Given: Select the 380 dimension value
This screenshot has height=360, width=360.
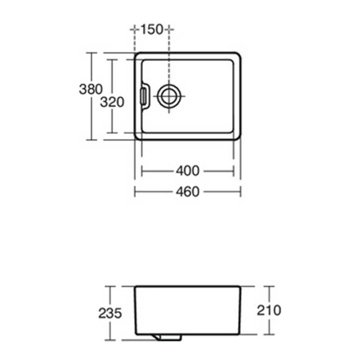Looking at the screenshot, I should (91, 89).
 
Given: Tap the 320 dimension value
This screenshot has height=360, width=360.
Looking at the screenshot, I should (112, 103).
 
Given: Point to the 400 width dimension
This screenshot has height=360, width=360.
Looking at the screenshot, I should (188, 171).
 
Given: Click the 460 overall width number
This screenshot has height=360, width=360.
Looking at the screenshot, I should (188, 192).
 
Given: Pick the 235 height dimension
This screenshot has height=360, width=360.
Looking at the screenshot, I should (110, 313).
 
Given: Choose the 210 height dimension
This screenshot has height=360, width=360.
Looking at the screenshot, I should (269, 310).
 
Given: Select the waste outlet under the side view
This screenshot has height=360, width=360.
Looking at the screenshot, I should (169, 337).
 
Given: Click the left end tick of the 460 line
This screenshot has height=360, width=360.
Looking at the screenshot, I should (135, 192).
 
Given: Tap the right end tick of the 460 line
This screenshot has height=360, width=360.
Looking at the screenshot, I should (240, 192).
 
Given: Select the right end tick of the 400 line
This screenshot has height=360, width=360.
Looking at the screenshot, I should (234, 171).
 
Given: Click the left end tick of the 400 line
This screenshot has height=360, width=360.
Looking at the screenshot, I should (142, 171).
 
